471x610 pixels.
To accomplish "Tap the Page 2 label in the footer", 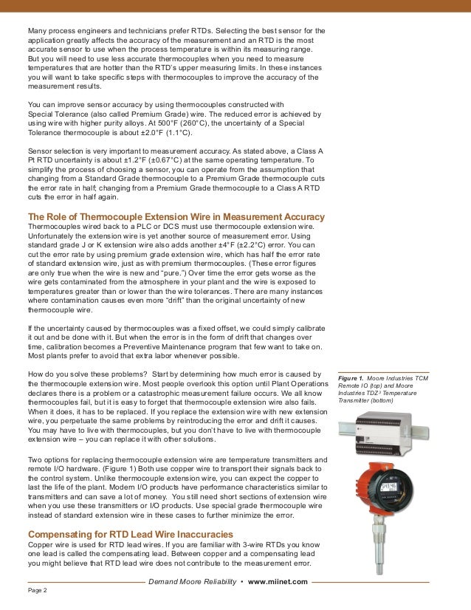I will (x=38, y=590).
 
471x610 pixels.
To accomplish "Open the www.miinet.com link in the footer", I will (x=278, y=582).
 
